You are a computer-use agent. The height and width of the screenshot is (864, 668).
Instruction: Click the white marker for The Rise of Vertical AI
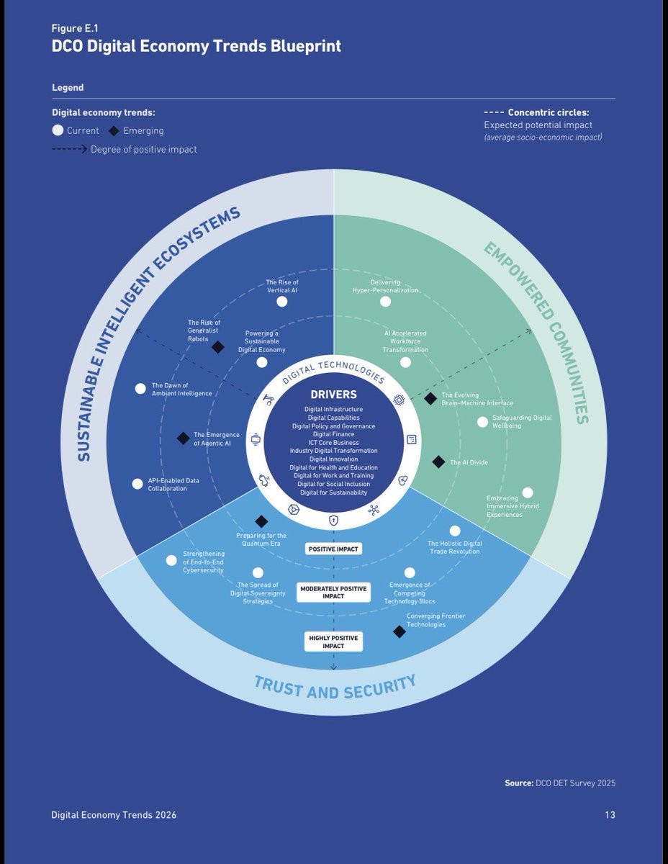click(281, 302)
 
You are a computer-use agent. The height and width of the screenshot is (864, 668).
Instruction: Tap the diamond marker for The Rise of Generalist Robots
click(218, 347)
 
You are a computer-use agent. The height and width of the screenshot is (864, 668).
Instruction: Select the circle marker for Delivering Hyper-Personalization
click(385, 302)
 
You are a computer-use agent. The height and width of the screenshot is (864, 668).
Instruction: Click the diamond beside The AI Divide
click(438, 462)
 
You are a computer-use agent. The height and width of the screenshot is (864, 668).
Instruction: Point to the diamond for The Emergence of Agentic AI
click(183, 438)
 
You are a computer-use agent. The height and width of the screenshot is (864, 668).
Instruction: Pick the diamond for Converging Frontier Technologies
click(400, 631)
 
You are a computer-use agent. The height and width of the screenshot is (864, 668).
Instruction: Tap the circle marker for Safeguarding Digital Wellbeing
click(482, 422)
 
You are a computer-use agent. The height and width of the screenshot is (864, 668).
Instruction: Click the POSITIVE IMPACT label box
click(333, 549)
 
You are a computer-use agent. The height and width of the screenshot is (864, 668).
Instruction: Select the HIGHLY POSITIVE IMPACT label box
click(333, 642)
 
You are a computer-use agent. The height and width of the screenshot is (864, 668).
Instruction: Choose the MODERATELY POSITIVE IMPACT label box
click(333, 593)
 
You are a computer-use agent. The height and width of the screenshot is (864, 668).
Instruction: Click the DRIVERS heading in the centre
click(333, 395)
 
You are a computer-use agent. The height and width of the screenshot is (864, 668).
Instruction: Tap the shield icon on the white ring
click(333, 520)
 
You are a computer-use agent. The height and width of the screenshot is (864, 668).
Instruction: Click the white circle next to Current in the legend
click(58, 130)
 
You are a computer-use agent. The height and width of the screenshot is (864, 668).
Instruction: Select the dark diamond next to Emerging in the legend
click(114, 131)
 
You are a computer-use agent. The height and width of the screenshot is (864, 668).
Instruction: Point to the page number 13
click(610, 815)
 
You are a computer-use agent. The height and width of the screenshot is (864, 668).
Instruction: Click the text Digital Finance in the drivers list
click(333, 434)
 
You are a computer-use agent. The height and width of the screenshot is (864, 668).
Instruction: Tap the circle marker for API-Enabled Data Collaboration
click(137, 484)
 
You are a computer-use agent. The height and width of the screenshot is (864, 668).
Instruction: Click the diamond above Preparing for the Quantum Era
click(261, 521)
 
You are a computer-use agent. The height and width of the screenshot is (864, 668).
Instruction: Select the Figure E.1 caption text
click(75, 28)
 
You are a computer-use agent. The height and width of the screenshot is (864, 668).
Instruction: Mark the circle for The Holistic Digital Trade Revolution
click(455, 531)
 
